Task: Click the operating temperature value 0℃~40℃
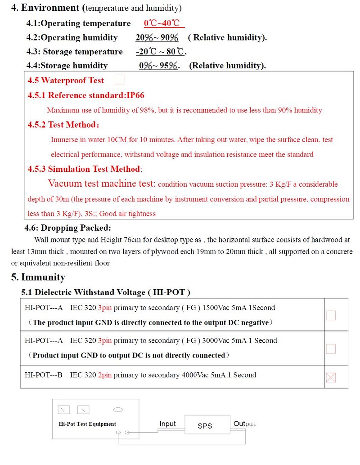pyautogui.click(x=163, y=23)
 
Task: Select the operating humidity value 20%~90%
pyautogui.click(x=157, y=38)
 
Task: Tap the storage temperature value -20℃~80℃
pyautogui.click(x=161, y=52)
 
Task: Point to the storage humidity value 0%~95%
pyautogui.click(x=159, y=66)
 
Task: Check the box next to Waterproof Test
pyautogui.click(x=119, y=80)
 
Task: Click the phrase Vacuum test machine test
pyautogui.click(x=102, y=183)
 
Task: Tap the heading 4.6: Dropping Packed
pyautogui.click(x=67, y=228)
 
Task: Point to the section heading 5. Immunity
pyautogui.click(x=38, y=277)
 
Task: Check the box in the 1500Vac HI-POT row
pyautogui.click(x=331, y=315)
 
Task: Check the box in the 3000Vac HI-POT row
pyautogui.click(x=331, y=349)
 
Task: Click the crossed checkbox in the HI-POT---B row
pyautogui.click(x=331, y=377)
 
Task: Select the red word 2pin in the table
pyautogui.click(x=105, y=375)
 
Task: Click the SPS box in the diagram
pyautogui.click(x=205, y=425)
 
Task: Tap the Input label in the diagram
pyautogui.click(x=168, y=424)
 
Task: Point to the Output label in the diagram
pyautogui.click(x=244, y=424)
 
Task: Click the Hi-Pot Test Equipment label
pyautogui.click(x=87, y=424)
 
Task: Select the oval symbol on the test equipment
pyautogui.click(x=118, y=410)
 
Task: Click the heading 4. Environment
pyautogui.click(x=45, y=8)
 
